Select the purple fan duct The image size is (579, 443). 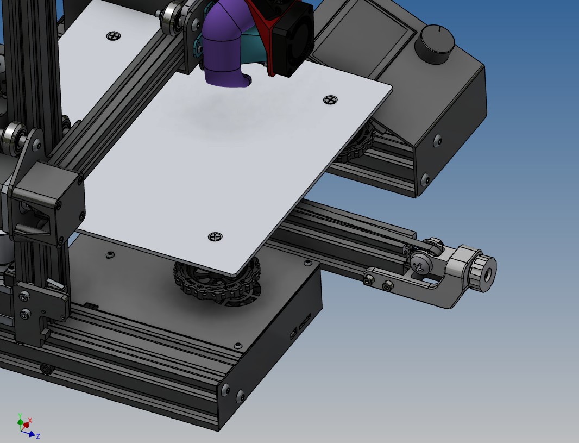tap(225, 45)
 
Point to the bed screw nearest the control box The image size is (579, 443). tap(330, 100)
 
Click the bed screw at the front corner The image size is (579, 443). tap(215, 237)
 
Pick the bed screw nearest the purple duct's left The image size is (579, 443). tap(114, 36)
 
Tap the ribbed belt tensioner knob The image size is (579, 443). tap(483, 269)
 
